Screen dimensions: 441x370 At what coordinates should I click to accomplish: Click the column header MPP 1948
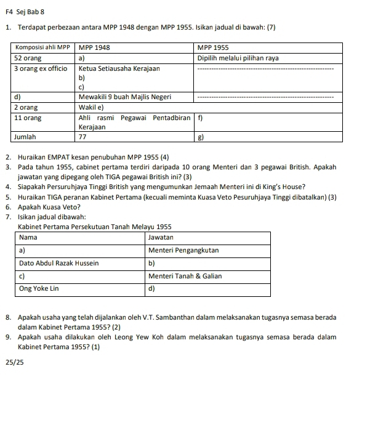95,47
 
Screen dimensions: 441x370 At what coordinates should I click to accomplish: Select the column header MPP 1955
213,47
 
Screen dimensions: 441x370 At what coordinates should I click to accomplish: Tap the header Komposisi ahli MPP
41,47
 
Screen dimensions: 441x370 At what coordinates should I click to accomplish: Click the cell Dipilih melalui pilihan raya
238,58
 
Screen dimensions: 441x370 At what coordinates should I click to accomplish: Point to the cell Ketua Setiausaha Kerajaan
119,68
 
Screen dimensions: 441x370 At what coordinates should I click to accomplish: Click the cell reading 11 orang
28,117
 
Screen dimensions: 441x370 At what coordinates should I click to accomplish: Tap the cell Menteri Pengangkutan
184,250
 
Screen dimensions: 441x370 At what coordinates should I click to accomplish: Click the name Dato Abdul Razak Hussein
58,263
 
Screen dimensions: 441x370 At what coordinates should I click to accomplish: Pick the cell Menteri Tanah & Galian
185,275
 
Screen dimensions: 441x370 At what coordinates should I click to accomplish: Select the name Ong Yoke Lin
39,288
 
